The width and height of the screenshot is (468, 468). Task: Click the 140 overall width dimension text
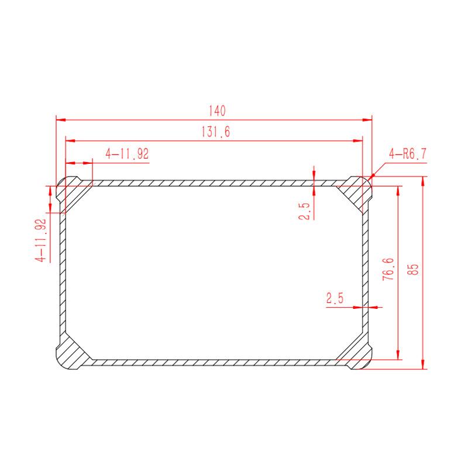[x=217, y=111]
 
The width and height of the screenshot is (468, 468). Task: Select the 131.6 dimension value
[x=216, y=132]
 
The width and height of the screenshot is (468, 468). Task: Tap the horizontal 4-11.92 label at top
[x=127, y=154]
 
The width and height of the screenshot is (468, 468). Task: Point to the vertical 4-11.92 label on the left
[x=41, y=240]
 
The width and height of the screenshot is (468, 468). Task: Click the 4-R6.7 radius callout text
[x=408, y=154]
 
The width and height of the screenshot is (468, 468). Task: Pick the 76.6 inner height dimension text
[x=388, y=269]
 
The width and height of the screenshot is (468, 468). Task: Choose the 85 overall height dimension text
[x=414, y=270]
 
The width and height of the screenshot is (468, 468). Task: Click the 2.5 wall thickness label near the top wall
[x=304, y=211]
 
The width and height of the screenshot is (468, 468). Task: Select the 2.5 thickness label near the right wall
[x=335, y=298]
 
